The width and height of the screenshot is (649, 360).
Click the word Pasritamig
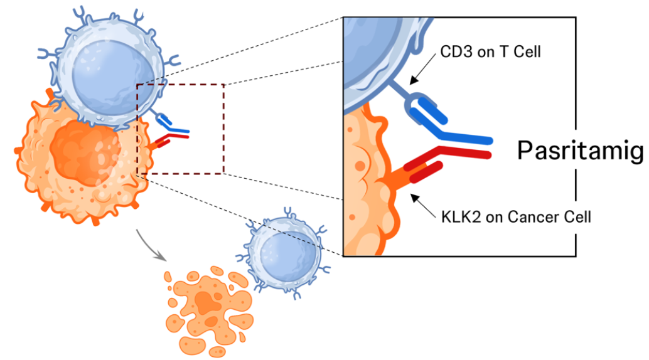pyautogui.click(x=581, y=151)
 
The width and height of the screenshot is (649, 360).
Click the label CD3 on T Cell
pyautogui.click(x=490, y=51)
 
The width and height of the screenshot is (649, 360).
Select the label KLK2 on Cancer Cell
pyautogui.click(x=516, y=217)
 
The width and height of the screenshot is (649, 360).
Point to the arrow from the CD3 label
pyautogui.click(x=422, y=70)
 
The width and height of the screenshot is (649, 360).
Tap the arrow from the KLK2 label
pyautogui.click(x=423, y=206)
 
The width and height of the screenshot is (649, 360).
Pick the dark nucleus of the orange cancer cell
pyautogui.click(x=85, y=153)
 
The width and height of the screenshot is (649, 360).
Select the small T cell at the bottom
pyautogui.click(x=284, y=252)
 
